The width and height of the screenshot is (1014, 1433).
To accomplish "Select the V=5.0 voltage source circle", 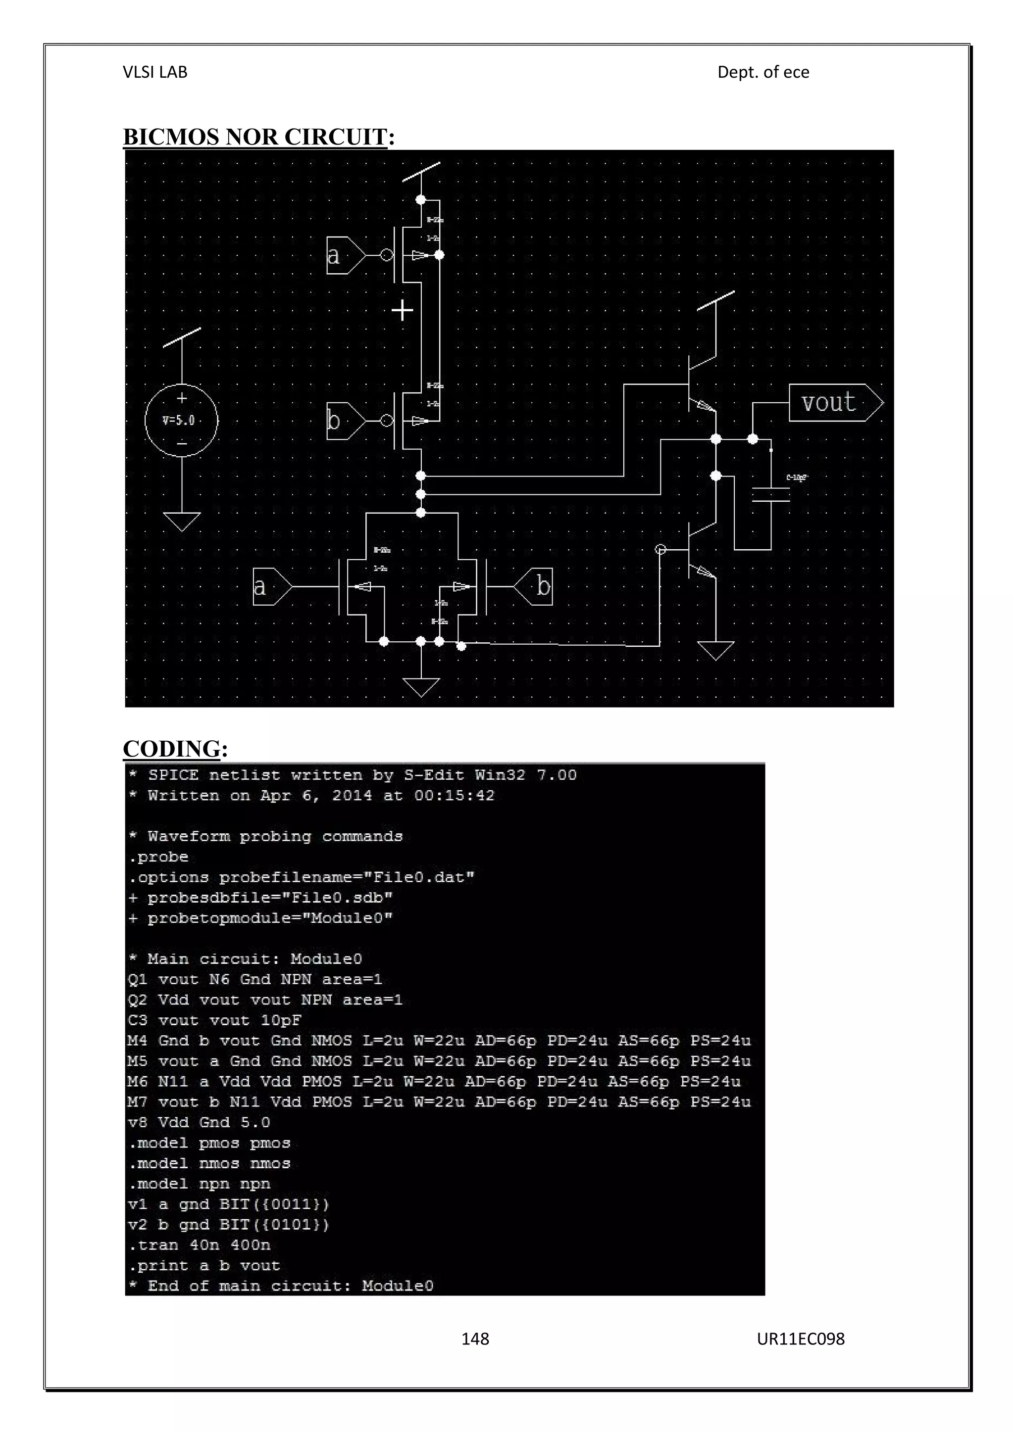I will click(x=181, y=420).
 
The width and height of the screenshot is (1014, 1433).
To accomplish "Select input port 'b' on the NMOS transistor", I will click(x=535, y=587).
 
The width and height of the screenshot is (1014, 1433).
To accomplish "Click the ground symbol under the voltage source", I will click(x=181, y=521).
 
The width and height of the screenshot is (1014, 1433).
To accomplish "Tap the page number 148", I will click(x=475, y=1339).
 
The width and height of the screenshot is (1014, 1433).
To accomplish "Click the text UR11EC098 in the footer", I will click(x=801, y=1339).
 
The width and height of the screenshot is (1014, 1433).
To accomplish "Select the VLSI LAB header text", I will click(x=155, y=72).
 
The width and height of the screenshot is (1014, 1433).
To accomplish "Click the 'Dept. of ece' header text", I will click(x=763, y=72).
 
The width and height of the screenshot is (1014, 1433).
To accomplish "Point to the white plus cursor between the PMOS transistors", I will click(x=402, y=310).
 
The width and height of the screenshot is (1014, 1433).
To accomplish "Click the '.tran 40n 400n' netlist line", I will click(x=200, y=1245).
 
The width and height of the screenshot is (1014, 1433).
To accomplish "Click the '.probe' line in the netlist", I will click(x=158, y=857).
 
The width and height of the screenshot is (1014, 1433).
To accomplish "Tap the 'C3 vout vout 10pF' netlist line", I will click(x=215, y=1020).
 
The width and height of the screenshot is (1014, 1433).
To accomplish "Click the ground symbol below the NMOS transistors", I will click(x=421, y=687).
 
